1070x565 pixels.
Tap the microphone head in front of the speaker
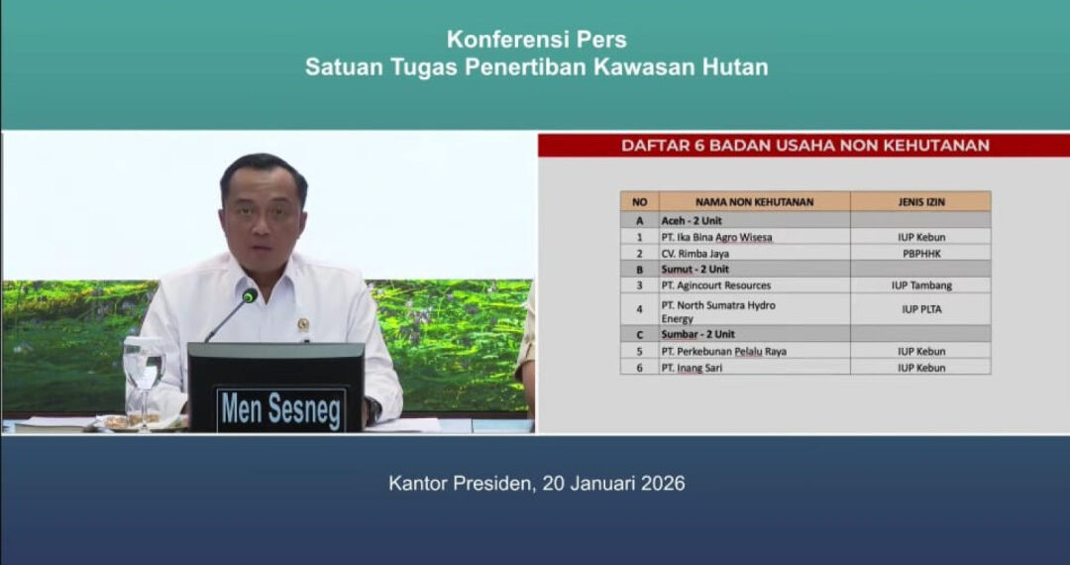[x=250, y=295]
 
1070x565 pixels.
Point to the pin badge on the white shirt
[x=302, y=324]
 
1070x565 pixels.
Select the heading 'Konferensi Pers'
[x=536, y=40]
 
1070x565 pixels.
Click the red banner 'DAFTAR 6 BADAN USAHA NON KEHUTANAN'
[x=804, y=146]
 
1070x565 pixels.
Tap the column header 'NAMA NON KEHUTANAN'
[x=754, y=201]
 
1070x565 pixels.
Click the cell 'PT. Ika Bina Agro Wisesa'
[x=716, y=237]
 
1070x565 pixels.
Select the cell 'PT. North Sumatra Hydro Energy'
[x=718, y=311]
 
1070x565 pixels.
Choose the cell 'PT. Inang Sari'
[x=694, y=368]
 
